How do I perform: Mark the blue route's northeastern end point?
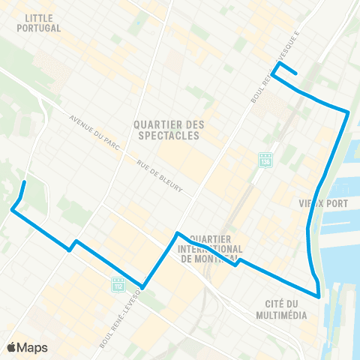click(297, 73)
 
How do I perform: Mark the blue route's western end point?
click(25, 182)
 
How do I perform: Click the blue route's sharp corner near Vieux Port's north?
click(349, 112)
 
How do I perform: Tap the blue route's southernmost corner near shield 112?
click(142, 286)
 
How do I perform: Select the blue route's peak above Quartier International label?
click(177, 233)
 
